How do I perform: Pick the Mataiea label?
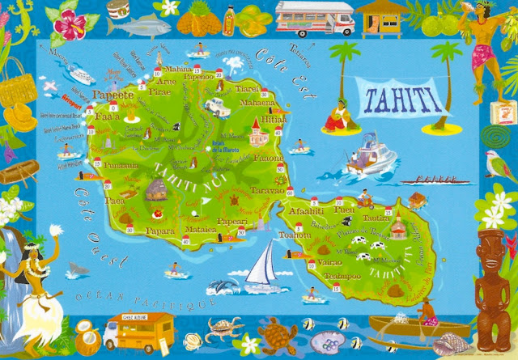click(x=202, y=230)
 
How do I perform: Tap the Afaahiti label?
click(x=307, y=212)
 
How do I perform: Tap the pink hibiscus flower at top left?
click(x=71, y=22)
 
